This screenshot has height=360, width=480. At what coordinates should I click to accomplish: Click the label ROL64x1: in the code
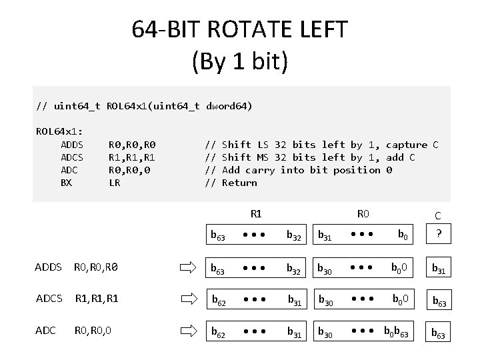click(x=63, y=131)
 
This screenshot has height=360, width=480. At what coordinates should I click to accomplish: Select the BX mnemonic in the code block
click(x=66, y=183)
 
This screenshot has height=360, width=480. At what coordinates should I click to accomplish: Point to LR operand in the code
click(x=114, y=183)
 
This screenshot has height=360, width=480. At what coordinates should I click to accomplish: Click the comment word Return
click(x=239, y=183)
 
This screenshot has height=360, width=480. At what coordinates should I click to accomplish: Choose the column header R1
click(x=256, y=214)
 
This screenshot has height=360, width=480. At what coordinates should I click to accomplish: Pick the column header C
click(x=437, y=215)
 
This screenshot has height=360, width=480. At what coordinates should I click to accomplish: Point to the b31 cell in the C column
click(x=439, y=269)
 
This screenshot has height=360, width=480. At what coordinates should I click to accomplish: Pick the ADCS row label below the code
click(x=49, y=299)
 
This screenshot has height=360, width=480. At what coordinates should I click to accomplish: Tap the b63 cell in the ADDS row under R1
click(x=218, y=269)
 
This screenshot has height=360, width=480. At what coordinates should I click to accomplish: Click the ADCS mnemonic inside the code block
click(x=71, y=157)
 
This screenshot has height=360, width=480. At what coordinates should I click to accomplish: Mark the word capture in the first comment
click(x=407, y=145)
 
